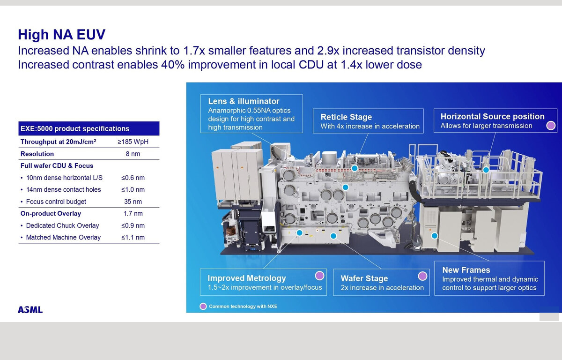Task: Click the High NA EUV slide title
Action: (x=62, y=34)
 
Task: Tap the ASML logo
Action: (x=30, y=309)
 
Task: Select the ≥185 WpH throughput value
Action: (x=133, y=142)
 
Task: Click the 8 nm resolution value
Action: (x=133, y=154)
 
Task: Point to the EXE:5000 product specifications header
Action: (x=75, y=128)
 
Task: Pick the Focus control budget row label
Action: (x=56, y=202)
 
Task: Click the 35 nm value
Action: (x=133, y=202)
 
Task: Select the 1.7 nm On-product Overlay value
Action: (x=133, y=213)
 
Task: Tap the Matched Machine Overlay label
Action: (x=63, y=237)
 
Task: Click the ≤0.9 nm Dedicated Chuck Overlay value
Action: (x=133, y=225)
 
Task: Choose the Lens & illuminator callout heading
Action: (x=244, y=101)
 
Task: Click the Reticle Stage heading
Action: (x=346, y=117)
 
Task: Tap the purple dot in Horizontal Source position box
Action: (x=551, y=125)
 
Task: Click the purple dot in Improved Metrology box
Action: (x=319, y=276)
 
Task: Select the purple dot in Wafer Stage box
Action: (x=422, y=276)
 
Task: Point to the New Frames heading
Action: (x=466, y=270)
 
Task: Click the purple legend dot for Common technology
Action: (x=203, y=306)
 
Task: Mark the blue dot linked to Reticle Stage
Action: (x=354, y=168)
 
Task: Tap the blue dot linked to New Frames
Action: (x=434, y=236)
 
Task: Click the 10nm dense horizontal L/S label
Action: (x=64, y=178)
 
